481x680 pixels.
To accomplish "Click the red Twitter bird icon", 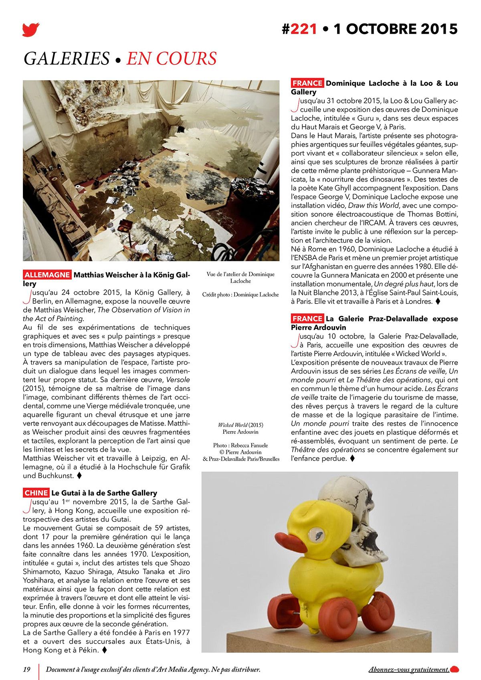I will tap(31, 30).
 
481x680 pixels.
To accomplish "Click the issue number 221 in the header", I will tap(303, 29).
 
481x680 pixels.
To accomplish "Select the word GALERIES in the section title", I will tap(67, 59).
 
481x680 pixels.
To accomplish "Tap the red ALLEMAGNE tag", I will tap(47, 275).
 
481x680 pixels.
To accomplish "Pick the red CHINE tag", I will tap(36, 493).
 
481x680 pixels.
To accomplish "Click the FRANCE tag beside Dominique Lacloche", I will tap(307, 83).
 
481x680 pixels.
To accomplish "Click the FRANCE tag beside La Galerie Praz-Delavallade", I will tap(307, 319).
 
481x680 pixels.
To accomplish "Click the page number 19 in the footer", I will tap(27, 669).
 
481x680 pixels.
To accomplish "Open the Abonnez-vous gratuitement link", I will tap(408, 669).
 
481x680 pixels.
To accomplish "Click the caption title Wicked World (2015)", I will tap(240, 425).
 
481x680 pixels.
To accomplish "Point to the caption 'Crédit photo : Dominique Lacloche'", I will tap(240, 295).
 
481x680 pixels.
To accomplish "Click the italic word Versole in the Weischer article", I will tap(178, 379).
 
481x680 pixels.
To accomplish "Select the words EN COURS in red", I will tap(172, 59).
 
